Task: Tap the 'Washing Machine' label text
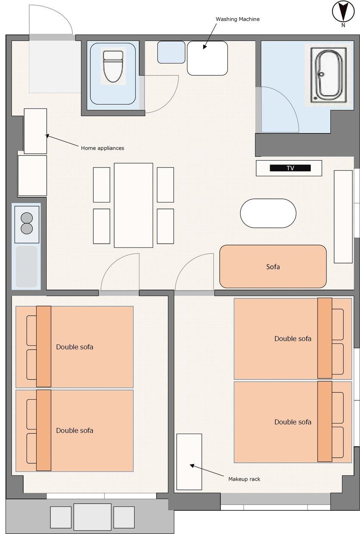(237, 19)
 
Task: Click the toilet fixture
(113, 66)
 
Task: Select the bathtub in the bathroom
(329, 75)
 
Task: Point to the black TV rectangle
(290, 168)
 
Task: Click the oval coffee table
(268, 213)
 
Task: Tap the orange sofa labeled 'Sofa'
(273, 267)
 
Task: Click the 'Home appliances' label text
(103, 148)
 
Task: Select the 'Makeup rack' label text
(244, 479)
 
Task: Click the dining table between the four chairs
(134, 205)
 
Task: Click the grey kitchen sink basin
(26, 267)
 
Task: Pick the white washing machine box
(207, 58)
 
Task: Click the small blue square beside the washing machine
(171, 52)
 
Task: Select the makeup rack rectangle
(189, 462)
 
